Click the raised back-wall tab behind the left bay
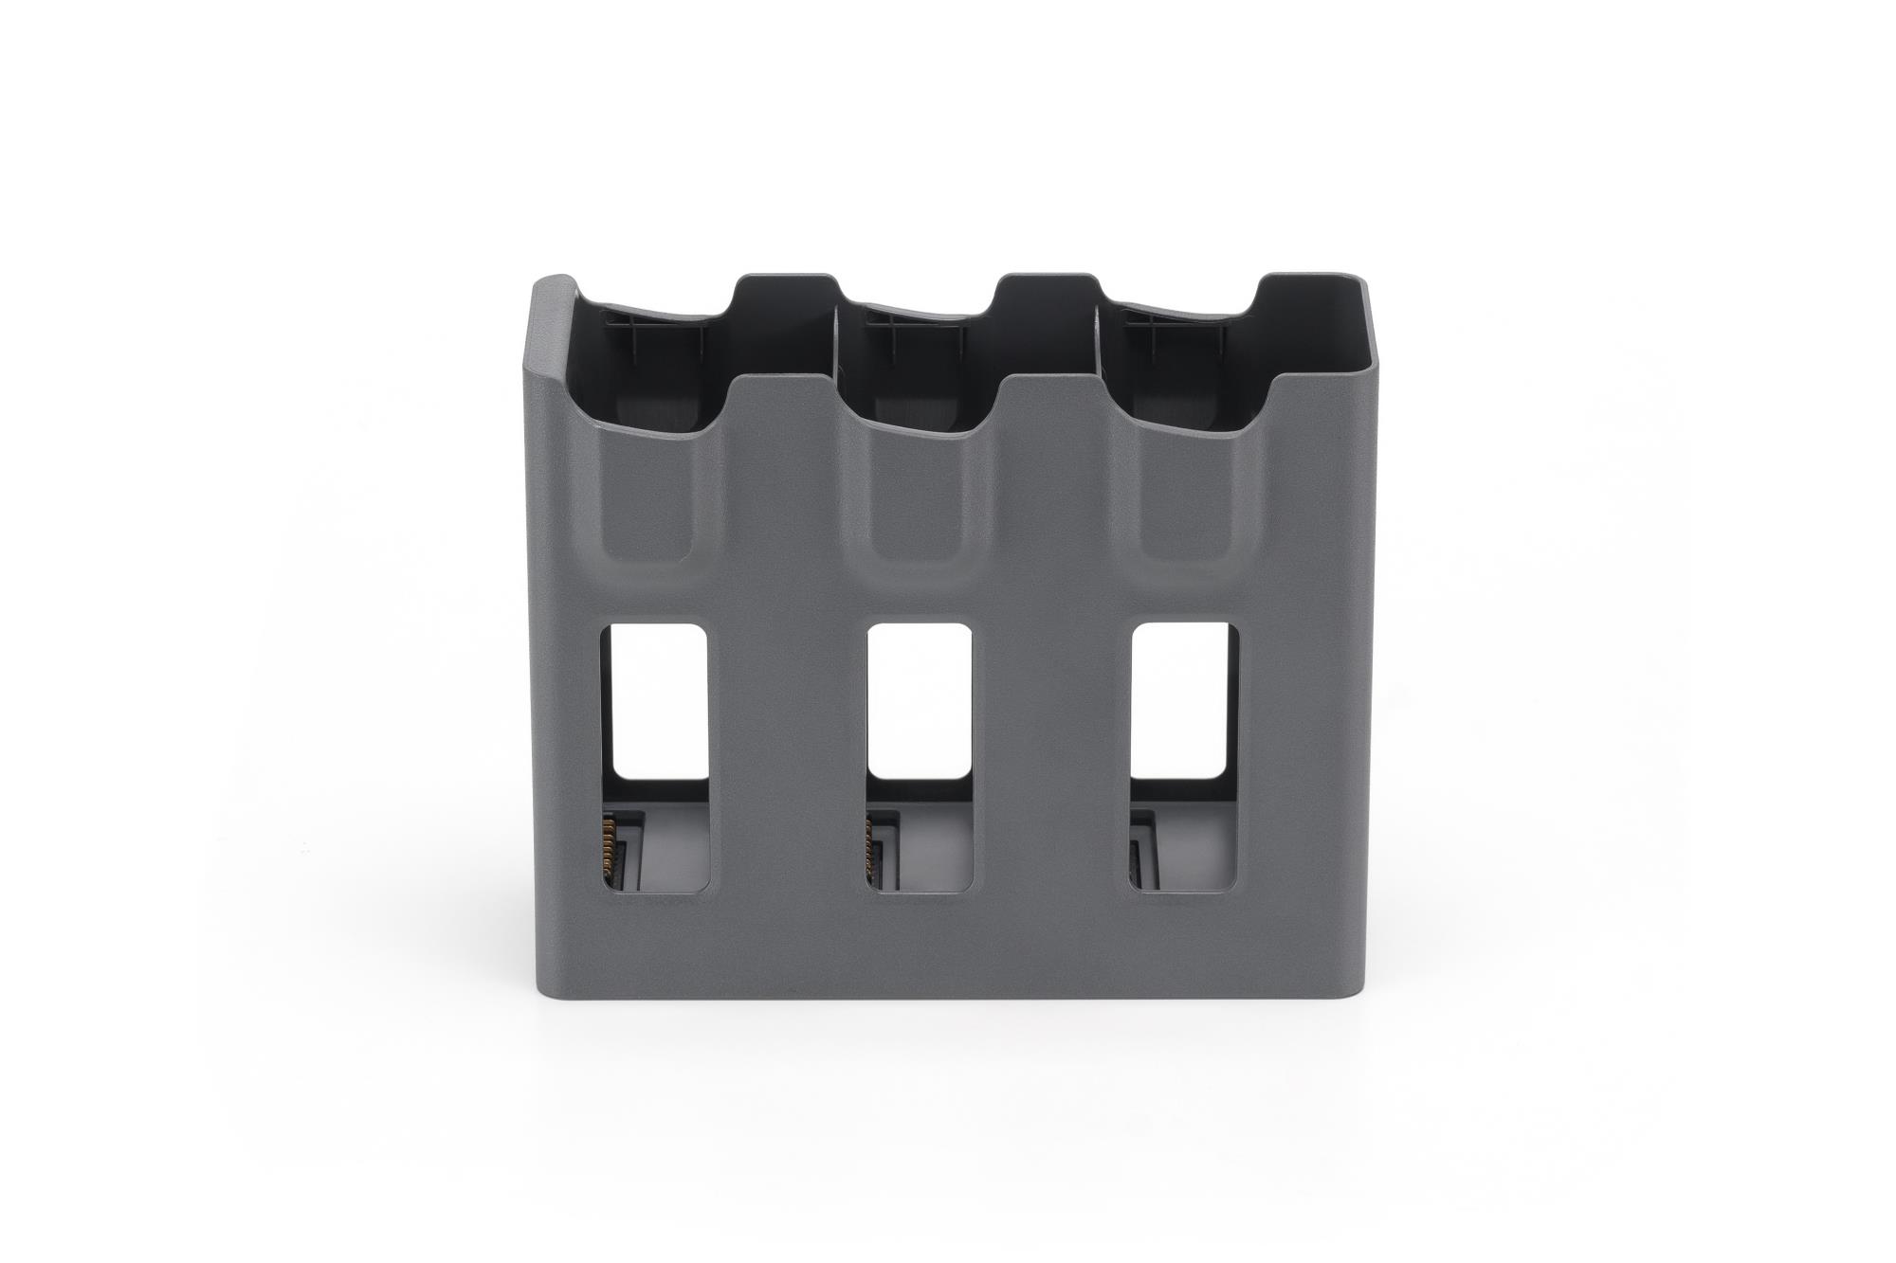coord(782,294)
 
